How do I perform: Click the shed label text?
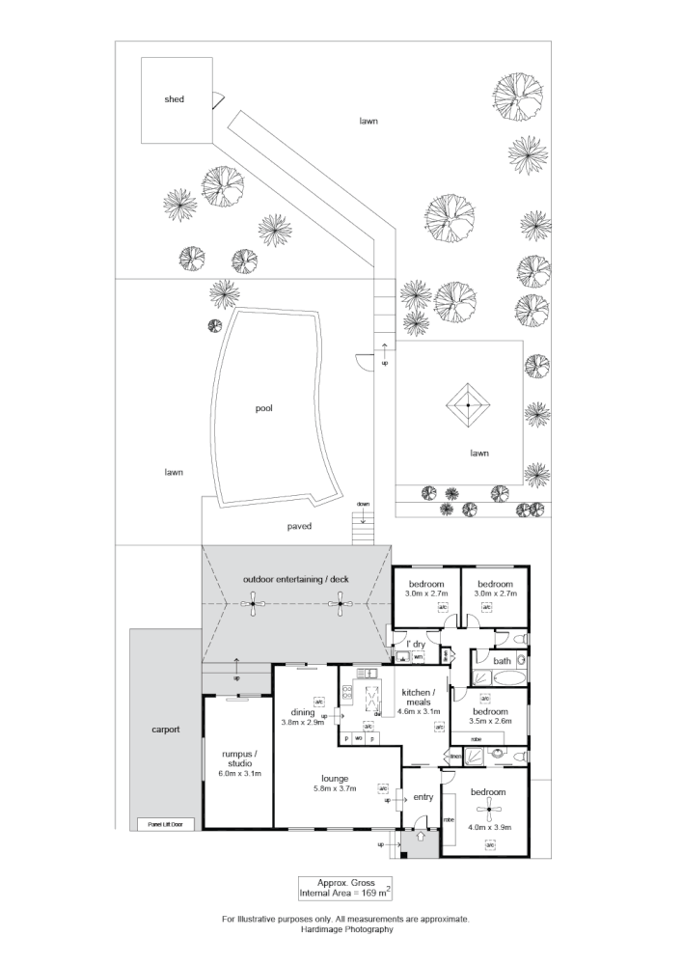pos(174,99)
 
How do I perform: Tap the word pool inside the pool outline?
pos(263,408)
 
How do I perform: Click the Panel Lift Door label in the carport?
pos(165,824)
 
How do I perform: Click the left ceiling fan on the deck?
pos(254,606)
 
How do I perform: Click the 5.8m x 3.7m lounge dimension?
pos(335,788)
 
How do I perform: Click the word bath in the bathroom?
pos(502,661)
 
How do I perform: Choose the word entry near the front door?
pos(423,797)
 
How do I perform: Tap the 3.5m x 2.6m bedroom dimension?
pos(490,720)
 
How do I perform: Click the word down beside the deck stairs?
pos(363,505)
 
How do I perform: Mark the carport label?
pos(165,730)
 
